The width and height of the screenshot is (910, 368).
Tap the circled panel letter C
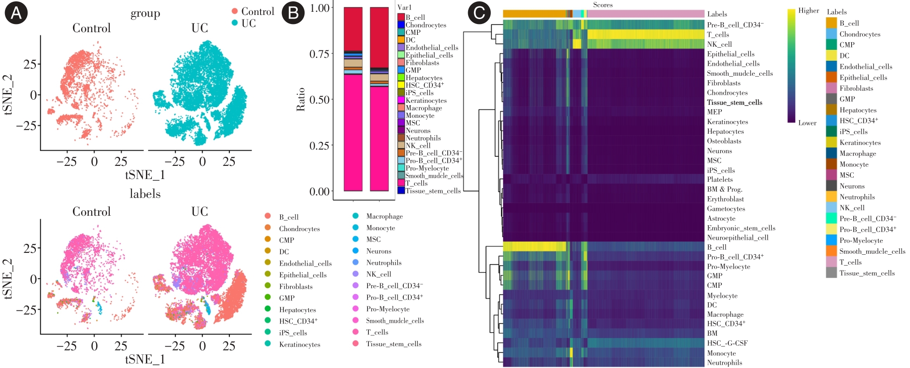[479, 13]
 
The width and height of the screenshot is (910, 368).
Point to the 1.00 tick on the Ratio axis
[319, 8]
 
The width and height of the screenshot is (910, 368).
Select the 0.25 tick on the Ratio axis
[319, 145]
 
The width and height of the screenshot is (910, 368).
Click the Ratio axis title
[300, 99]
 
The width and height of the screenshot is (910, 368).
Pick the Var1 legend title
[404, 7]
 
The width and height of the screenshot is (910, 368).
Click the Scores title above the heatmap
[603, 5]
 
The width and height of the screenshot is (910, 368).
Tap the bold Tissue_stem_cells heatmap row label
[735, 102]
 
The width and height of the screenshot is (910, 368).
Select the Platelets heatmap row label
[720, 179]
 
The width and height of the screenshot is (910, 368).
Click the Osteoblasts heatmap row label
[724, 141]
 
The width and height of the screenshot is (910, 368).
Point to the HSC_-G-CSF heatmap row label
[727, 343]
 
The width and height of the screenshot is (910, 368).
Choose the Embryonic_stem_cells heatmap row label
[741, 228]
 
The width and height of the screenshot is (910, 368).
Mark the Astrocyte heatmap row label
[721, 218]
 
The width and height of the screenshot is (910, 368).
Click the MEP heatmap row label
[714, 112]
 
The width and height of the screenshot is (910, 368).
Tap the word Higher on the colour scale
[808, 10]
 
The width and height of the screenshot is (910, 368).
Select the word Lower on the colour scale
[807, 123]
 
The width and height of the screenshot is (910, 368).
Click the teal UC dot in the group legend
[235, 23]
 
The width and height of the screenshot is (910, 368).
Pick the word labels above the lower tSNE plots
[145, 194]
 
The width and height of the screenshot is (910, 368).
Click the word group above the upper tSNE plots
[145, 14]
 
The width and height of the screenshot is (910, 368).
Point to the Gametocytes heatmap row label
[726, 208]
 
